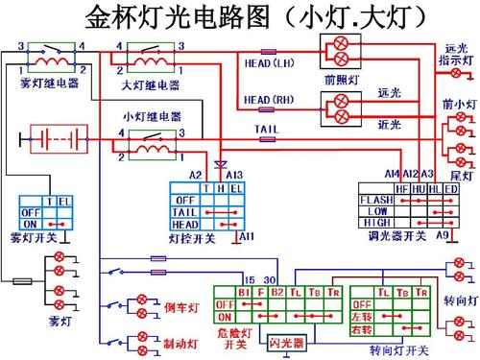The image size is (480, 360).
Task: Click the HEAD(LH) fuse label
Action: tap(270, 63)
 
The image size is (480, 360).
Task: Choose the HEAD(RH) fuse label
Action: tap(270, 99)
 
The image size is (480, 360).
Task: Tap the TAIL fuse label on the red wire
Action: tap(267, 128)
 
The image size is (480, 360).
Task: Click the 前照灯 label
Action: tap(342, 82)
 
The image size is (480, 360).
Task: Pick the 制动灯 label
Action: tap(180, 343)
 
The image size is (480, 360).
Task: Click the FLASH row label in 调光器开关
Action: tap(376, 200)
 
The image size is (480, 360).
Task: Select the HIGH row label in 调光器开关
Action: tap(376, 222)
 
